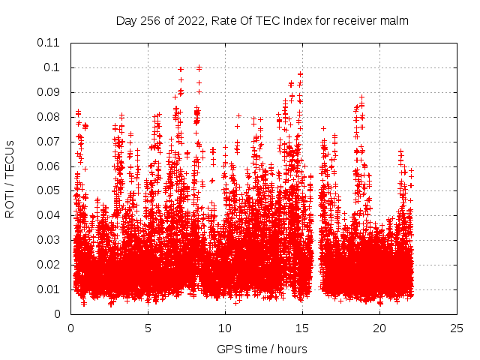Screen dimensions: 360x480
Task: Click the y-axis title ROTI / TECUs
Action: click(10, 178)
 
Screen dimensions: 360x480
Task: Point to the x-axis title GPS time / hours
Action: click(262, 349)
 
